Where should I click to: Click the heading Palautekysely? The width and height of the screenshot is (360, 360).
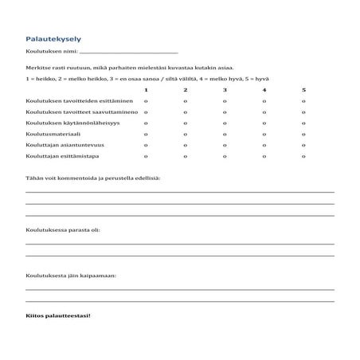coord(53,38)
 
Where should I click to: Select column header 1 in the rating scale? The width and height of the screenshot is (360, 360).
coord(146,90)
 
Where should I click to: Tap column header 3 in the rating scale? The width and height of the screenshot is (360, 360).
coord(225,90)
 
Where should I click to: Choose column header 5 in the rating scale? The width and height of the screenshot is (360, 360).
coord(303,90)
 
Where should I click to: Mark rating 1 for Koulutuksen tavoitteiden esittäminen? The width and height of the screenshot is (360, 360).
coord(146,102)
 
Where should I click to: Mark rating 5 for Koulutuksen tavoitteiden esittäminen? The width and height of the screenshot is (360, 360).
coord(303,102)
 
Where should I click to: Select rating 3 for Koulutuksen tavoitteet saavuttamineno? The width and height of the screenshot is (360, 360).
coord(225,113)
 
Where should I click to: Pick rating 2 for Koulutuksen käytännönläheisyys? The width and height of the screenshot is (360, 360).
coord(185,123)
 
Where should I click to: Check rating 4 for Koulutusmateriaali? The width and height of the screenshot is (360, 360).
coord(264,135)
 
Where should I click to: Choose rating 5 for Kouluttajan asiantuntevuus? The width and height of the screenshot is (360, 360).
coord(303,146)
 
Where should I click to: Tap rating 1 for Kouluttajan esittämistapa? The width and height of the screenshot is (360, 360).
coord(146,156)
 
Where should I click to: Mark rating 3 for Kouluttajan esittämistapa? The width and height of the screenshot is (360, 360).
coord(225,156)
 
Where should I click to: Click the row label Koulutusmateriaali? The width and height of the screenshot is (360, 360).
coord(52,135)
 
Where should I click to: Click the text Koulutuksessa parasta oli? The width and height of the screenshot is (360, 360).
coord(63,230)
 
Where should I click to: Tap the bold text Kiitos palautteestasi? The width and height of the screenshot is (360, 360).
coord(58,316)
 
